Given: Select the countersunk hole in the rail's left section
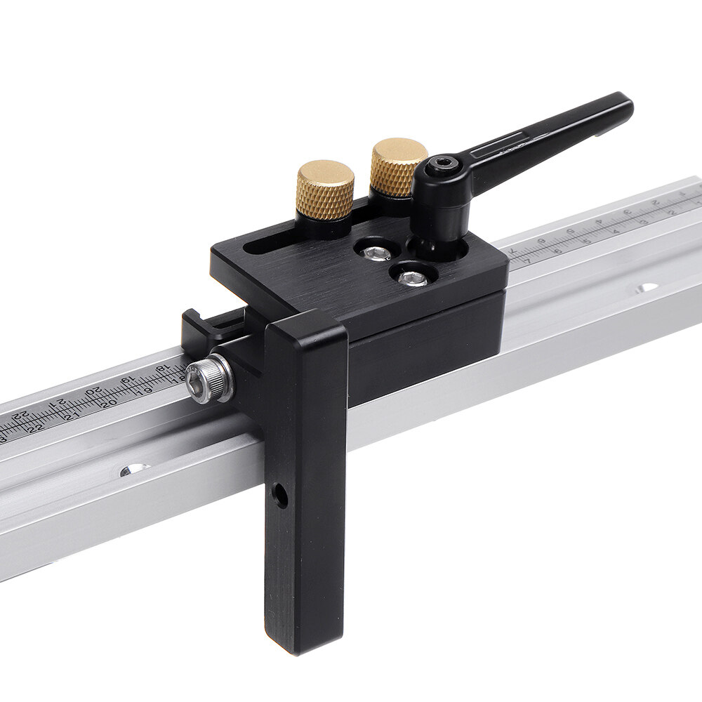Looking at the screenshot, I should point(133,470).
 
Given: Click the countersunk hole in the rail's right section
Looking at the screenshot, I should point(645,288).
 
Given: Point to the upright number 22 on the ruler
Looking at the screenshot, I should point(35,428).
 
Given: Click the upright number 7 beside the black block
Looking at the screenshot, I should point(526,260).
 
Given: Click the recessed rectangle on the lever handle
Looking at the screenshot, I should point(500,146).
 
